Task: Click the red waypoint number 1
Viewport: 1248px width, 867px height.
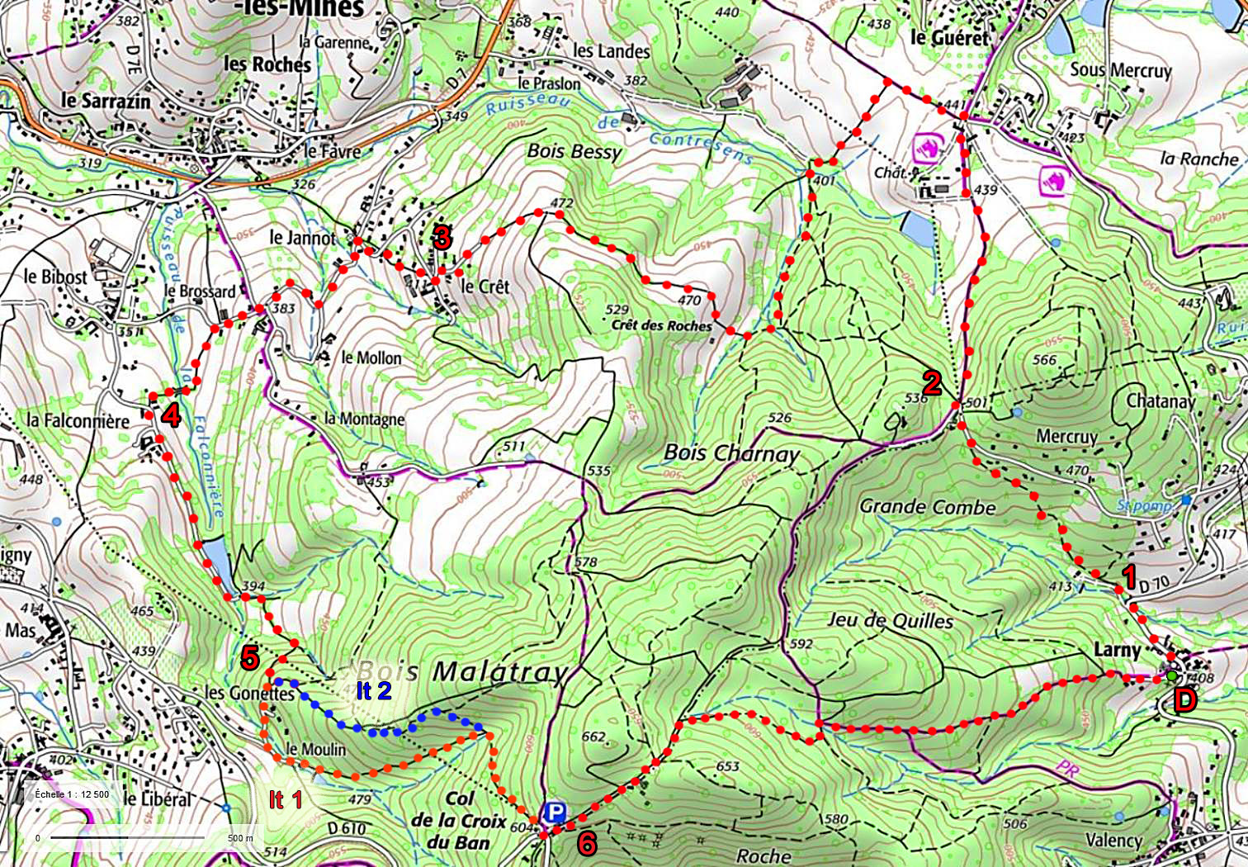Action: (x=1128, y=576)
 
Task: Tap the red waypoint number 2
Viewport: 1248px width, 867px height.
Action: (x=932, y=382)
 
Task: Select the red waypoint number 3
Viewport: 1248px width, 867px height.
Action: (x=442, y=238)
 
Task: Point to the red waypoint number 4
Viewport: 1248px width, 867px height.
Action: (x=171, y=415)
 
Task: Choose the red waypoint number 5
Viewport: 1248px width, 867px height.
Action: (x=249, y=658)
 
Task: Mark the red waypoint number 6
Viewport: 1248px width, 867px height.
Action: (x=587, y=843)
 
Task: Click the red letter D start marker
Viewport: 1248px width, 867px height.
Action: (x=1185, y=701)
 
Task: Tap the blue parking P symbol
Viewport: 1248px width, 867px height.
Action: (x=554, y=813)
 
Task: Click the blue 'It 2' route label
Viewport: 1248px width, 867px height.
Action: (x=374, y=690)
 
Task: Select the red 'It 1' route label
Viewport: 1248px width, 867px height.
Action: (x=286, y=798)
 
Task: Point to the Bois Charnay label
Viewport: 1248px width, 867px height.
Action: (x=731, y=452)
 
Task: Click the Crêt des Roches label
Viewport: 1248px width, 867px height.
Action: (x=661, y=325)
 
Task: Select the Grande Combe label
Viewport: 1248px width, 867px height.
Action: (x=928, y=506)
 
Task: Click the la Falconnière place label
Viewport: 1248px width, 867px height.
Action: (x=78, y=420)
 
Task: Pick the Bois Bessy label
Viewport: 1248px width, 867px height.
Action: (x=574, y=151)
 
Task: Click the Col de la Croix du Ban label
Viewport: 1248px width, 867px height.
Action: (x=459, y=820)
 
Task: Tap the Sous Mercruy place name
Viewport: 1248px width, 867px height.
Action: (x=1121, y=70)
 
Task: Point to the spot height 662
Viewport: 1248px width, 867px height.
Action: (x=593, y=737)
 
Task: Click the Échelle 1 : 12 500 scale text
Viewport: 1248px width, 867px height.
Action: (x=72, y=794)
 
